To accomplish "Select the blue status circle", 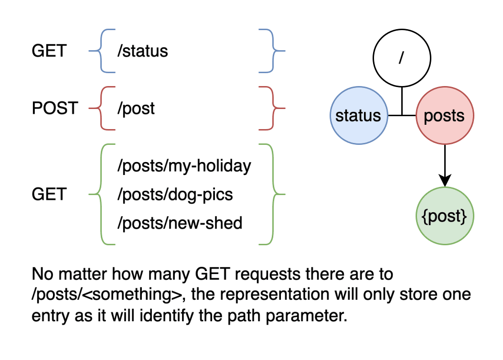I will [x=358, y=116].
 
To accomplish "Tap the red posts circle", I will [x=444, y=116].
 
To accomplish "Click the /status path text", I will [x=143, y=51].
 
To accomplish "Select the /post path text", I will [x=136, y=108].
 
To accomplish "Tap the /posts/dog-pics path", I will [x=175, y=194].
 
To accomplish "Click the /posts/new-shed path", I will [x=180, y=222].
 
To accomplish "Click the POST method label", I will [x=54, y=108].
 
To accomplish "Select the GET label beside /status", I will [x=49, y=51].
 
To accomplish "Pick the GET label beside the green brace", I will [x=49, y=194].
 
